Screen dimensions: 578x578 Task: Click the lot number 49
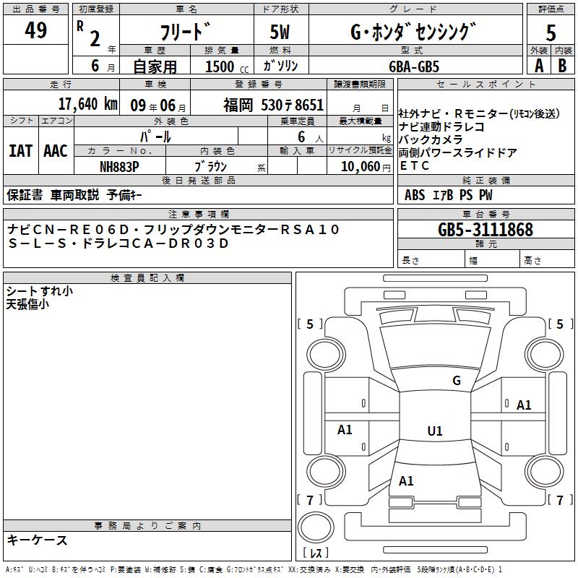[35, 30]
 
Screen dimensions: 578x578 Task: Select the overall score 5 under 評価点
[551, 33]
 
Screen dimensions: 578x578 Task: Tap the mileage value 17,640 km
[88, 104]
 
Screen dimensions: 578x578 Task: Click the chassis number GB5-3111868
[486, 230]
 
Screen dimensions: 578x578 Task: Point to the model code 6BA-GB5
[414, 66]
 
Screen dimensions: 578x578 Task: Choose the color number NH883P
[119, 167]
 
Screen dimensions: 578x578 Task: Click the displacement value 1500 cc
[227, 66]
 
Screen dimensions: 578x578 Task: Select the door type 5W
[280, 32]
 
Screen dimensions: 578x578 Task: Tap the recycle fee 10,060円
[366, 167]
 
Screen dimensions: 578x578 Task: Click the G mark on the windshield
[457, 380]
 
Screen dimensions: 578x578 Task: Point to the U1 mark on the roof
[435, 431]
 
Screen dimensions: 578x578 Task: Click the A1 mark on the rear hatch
[406, 480]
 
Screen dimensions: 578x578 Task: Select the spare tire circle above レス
[316, 527]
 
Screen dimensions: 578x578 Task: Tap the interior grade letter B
[562, 66]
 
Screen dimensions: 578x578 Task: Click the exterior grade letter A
[539, 66]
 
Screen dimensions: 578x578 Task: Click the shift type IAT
[20, 151]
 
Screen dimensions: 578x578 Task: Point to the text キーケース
[38, 540]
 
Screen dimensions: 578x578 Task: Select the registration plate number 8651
[309, 105]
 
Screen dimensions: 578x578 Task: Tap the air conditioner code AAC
[56, 151]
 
